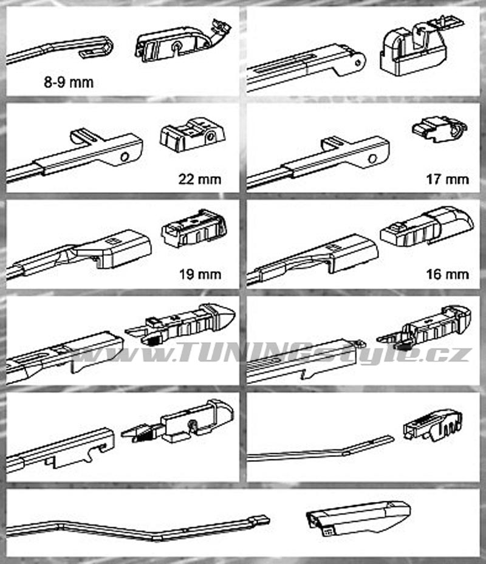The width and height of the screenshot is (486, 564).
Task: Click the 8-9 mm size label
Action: coord(69,83)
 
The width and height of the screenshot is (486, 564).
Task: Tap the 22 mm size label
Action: coord(200,179)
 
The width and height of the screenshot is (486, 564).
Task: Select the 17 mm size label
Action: coord(448,179)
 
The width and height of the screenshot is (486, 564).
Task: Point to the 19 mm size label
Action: coord(200,275)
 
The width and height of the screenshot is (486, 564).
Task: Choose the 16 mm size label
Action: coord(448,275)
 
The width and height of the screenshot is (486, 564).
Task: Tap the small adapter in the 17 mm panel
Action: coord(439,128)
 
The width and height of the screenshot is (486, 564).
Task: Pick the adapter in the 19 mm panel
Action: coord(194,228)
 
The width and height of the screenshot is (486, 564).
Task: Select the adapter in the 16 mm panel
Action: coord(426,226)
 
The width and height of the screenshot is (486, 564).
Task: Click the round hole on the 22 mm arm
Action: coord(125,157)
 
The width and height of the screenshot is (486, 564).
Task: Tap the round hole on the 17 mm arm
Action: coord(372,158)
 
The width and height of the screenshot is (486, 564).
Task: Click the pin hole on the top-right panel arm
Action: coord(358,63)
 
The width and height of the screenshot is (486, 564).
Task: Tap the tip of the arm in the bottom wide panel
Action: coord(268,520)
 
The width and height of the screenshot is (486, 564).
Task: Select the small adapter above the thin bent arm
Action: coord(433,424)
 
